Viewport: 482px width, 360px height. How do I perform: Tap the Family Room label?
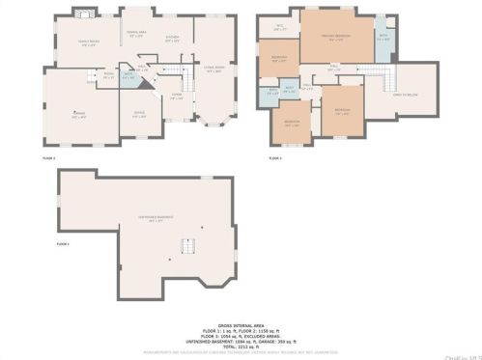coord(89,42)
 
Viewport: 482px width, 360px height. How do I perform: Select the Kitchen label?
coord(172,40)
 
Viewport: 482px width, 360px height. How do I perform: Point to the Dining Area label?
coord(136,36)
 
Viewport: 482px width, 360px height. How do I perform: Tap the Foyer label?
coord(177,95)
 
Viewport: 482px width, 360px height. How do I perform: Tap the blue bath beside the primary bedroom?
coord(383,38)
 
